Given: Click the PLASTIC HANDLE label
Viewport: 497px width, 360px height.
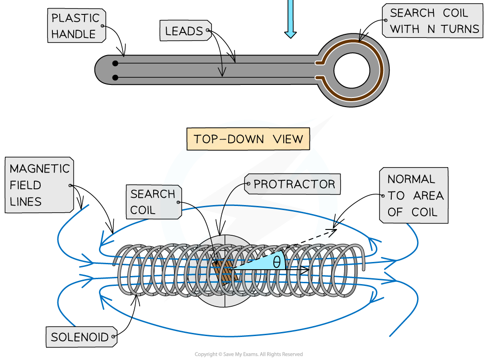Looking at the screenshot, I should pos(76,26).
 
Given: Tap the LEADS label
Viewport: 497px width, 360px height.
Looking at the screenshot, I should pos(184,31).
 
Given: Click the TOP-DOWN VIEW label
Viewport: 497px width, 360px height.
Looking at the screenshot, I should pos(248,139).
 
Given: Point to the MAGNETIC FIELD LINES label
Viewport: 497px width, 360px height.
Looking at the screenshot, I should pos(40,185).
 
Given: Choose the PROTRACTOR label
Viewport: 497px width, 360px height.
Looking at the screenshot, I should pos(294,184).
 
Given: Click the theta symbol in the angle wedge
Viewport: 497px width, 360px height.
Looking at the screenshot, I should pos(277,262).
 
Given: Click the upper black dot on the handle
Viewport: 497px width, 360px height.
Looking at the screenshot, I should pos(115,63).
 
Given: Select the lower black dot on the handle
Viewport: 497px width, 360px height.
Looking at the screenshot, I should pos(115,78).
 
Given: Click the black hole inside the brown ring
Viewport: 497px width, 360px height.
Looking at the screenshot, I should pos(352,70).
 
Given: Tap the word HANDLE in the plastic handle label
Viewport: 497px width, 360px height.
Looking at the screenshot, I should pos(74,34).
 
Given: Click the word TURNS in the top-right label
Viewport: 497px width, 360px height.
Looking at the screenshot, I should pos(460,29).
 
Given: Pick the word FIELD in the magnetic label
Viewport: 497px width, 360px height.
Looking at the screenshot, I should pos(25,185).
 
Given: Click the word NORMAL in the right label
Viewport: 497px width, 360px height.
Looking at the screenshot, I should pos(411,179).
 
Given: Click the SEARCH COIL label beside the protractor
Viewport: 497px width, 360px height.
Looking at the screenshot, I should pos(153,202).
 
